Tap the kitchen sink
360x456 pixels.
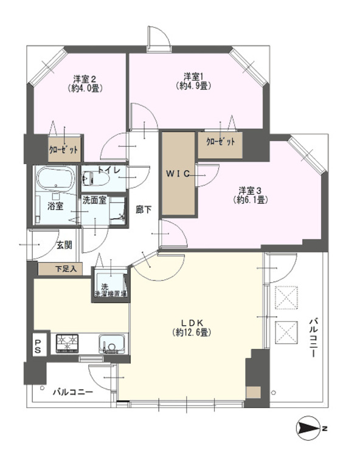pyautogui.click(x=111, y=345)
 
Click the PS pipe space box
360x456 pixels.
pyautogui.click(x=37, y=346)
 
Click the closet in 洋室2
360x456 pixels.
pyautogui.click(x=64, y=149)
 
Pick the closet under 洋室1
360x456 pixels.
pyautogui.click(x=220, y=143)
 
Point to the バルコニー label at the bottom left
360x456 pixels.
pyautogui.click(x=72, y=392)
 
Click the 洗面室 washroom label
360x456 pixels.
pyautogui.click(x=95, y=199)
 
